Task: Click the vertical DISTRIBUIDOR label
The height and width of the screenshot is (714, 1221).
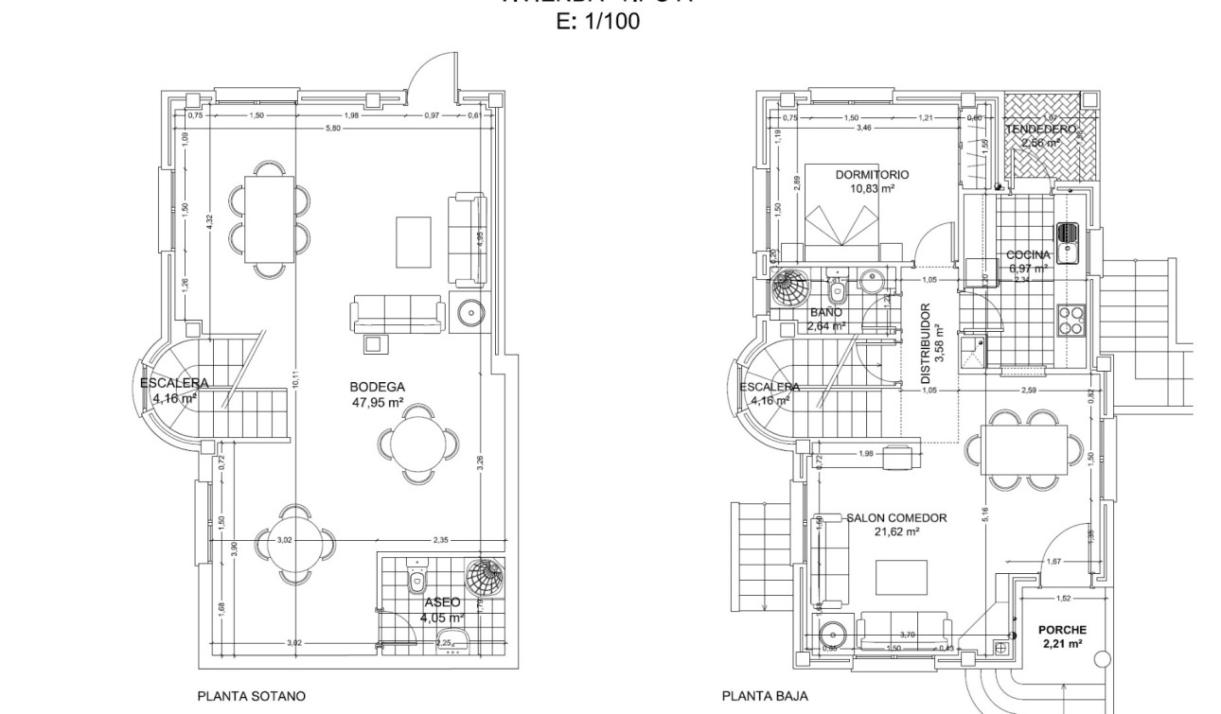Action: (926, 343)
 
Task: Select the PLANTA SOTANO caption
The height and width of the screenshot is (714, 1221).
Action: (251, 696)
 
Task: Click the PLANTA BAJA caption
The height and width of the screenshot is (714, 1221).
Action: (765, 696)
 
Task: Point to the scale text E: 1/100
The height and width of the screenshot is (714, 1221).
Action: (596, 22)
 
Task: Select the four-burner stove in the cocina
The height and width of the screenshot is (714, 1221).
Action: (1070, 321)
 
